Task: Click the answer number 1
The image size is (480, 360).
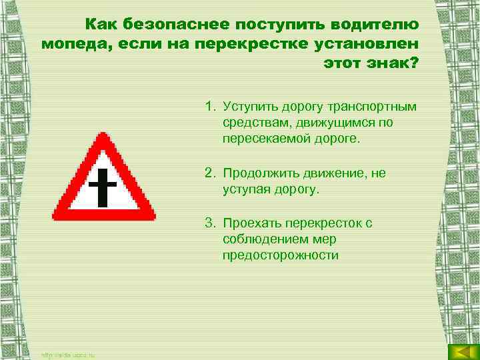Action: pyautogui.click(x=209, y=105)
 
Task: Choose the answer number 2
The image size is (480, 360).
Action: pyautogui.click(x=209, y=173)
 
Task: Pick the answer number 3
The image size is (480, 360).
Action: pyautogui.click(x=209, y=223)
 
